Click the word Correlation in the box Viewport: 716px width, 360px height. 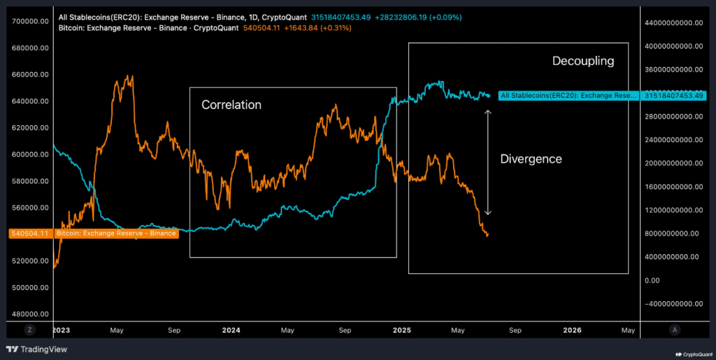[231, 105]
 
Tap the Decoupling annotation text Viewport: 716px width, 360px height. [583, 61]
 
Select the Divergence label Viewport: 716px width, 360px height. [531, 159]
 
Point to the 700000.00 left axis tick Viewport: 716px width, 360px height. [30, 22]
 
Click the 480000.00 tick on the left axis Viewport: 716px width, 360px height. [30, 314]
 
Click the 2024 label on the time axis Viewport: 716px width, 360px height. [231, 329]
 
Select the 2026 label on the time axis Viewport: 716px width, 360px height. [572, 329]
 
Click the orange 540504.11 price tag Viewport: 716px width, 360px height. [30, 233]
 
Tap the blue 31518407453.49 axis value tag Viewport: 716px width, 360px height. [674, 95]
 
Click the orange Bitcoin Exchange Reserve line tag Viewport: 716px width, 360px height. [115, 233]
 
